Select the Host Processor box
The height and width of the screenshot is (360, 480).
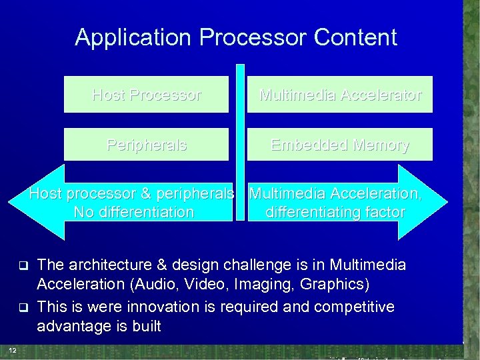coord(146,95)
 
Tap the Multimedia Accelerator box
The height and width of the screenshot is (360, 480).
coord(340,95)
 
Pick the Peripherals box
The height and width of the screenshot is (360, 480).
coord(146,145)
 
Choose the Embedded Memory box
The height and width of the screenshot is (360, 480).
coord(340,145)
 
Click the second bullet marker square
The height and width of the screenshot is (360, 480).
coord(21,307)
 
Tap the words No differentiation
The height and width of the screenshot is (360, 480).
coord(135,213)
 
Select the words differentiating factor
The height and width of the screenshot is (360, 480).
coord(335,213)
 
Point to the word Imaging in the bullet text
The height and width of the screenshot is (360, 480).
coord(267,285)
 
